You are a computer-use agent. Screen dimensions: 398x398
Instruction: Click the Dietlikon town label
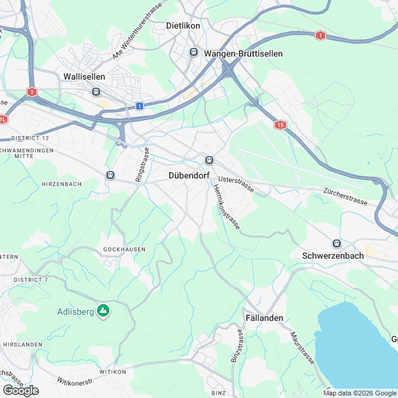[185, 26]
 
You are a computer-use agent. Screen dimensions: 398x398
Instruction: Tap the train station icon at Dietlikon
[194, 52]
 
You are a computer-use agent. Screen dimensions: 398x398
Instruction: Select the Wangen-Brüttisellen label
[243, 54]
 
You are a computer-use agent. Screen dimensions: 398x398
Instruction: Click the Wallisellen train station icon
[96, 91]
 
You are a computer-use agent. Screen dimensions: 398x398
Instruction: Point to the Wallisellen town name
[85, 76]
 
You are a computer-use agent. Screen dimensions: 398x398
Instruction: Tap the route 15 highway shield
[281, 125]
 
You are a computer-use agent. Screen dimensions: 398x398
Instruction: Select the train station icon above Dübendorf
[210, 159]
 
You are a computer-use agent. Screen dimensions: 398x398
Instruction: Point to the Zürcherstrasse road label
[342, 196]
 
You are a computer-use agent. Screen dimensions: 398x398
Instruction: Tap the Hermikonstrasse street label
[226, 208]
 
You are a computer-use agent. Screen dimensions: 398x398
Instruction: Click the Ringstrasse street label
[142, 165]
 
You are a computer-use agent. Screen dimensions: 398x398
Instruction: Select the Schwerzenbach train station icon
[336, 243]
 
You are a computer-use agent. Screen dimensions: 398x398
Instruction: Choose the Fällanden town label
[263, 318]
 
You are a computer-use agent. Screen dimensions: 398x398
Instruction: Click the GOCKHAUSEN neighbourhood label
[124, 249]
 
